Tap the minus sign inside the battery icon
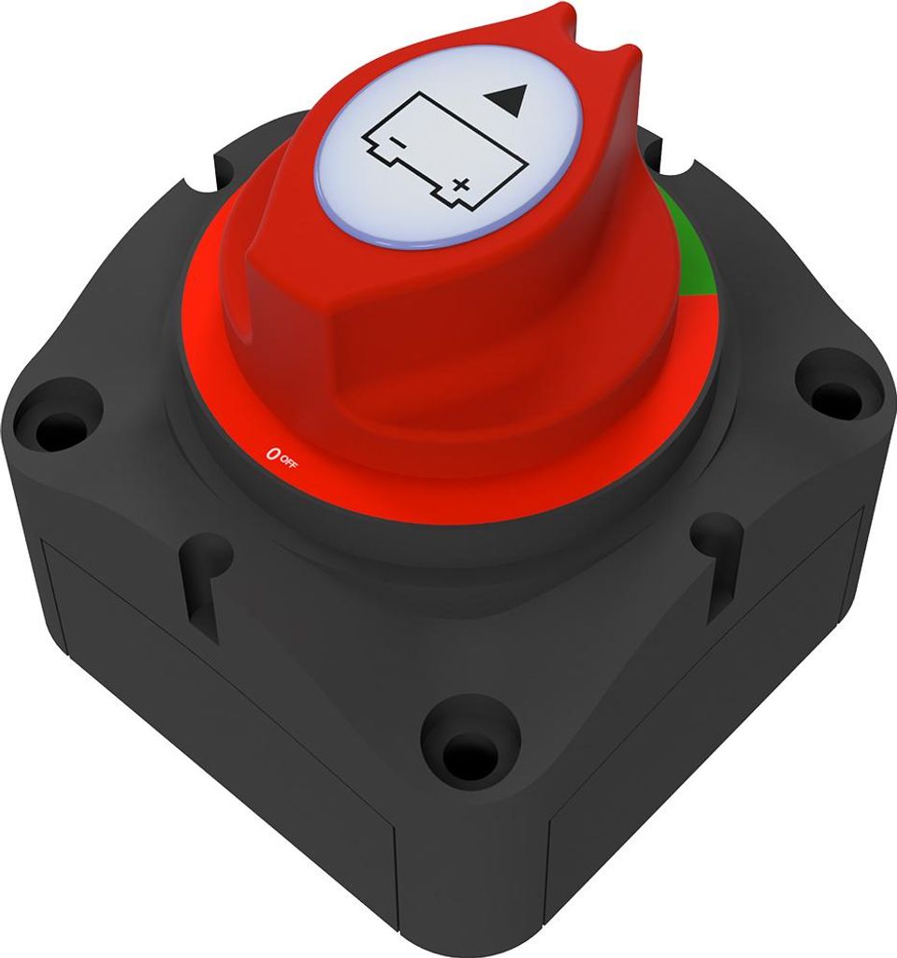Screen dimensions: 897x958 [396, 143]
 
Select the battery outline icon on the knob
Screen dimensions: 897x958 [445, 152]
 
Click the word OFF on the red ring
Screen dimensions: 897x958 [288, 462]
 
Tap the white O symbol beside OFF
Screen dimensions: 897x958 [272, 455]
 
